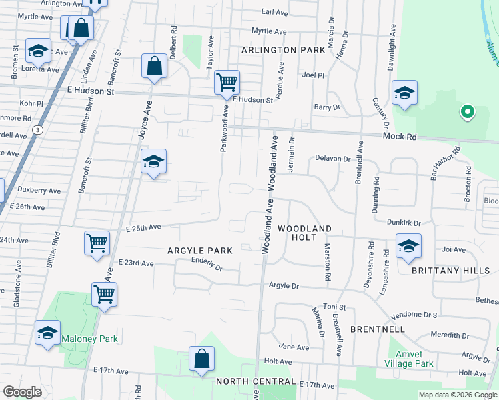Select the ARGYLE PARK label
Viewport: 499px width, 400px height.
pos(200,251)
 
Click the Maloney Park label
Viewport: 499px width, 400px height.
pos(89,339)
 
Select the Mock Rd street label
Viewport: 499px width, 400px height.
pos(400,136)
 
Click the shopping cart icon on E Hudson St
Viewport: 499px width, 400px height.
pos(227,82)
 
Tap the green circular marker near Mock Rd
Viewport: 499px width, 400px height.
pos(467,112)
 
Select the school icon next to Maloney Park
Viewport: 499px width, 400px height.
pos(47,332)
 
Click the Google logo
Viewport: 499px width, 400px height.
pos(22,392)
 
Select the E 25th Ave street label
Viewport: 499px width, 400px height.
pos(143,227)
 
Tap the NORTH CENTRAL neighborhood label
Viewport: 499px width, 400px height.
pos(256,381)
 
